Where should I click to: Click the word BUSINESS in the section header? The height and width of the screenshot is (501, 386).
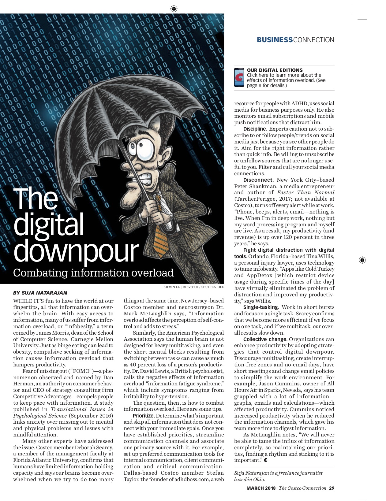[275, 40]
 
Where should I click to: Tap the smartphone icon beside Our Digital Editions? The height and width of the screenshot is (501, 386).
[239, 78]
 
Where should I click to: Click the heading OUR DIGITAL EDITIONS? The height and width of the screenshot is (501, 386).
[275, 70]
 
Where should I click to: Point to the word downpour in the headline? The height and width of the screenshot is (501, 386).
[76, 251]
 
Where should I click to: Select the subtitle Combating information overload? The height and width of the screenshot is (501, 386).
[93, 273]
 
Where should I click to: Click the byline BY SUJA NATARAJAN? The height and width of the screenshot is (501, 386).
[40, 293]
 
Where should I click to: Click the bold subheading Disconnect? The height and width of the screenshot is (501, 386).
[258, 180]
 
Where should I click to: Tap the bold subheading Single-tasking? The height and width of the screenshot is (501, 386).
[261, 307]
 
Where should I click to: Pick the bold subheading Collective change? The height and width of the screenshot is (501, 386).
[265, 339]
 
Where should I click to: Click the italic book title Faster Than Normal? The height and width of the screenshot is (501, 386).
[305, 192]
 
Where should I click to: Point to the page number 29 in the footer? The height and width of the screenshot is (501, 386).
[332, 488]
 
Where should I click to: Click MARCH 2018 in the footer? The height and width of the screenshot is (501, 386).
[261, 488]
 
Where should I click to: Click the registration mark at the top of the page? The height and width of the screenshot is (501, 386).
[174, 8]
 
